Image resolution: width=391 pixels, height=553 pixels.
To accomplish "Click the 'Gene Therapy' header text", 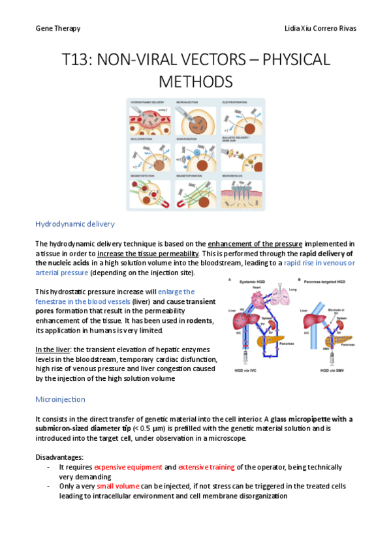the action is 58,29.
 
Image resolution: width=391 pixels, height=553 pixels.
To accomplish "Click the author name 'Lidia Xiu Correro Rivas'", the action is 321,29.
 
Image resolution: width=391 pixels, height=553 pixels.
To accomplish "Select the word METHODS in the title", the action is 196,82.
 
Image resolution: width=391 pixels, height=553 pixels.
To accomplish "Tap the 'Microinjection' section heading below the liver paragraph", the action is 59,398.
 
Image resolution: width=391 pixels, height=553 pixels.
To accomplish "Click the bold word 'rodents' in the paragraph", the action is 200,320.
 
